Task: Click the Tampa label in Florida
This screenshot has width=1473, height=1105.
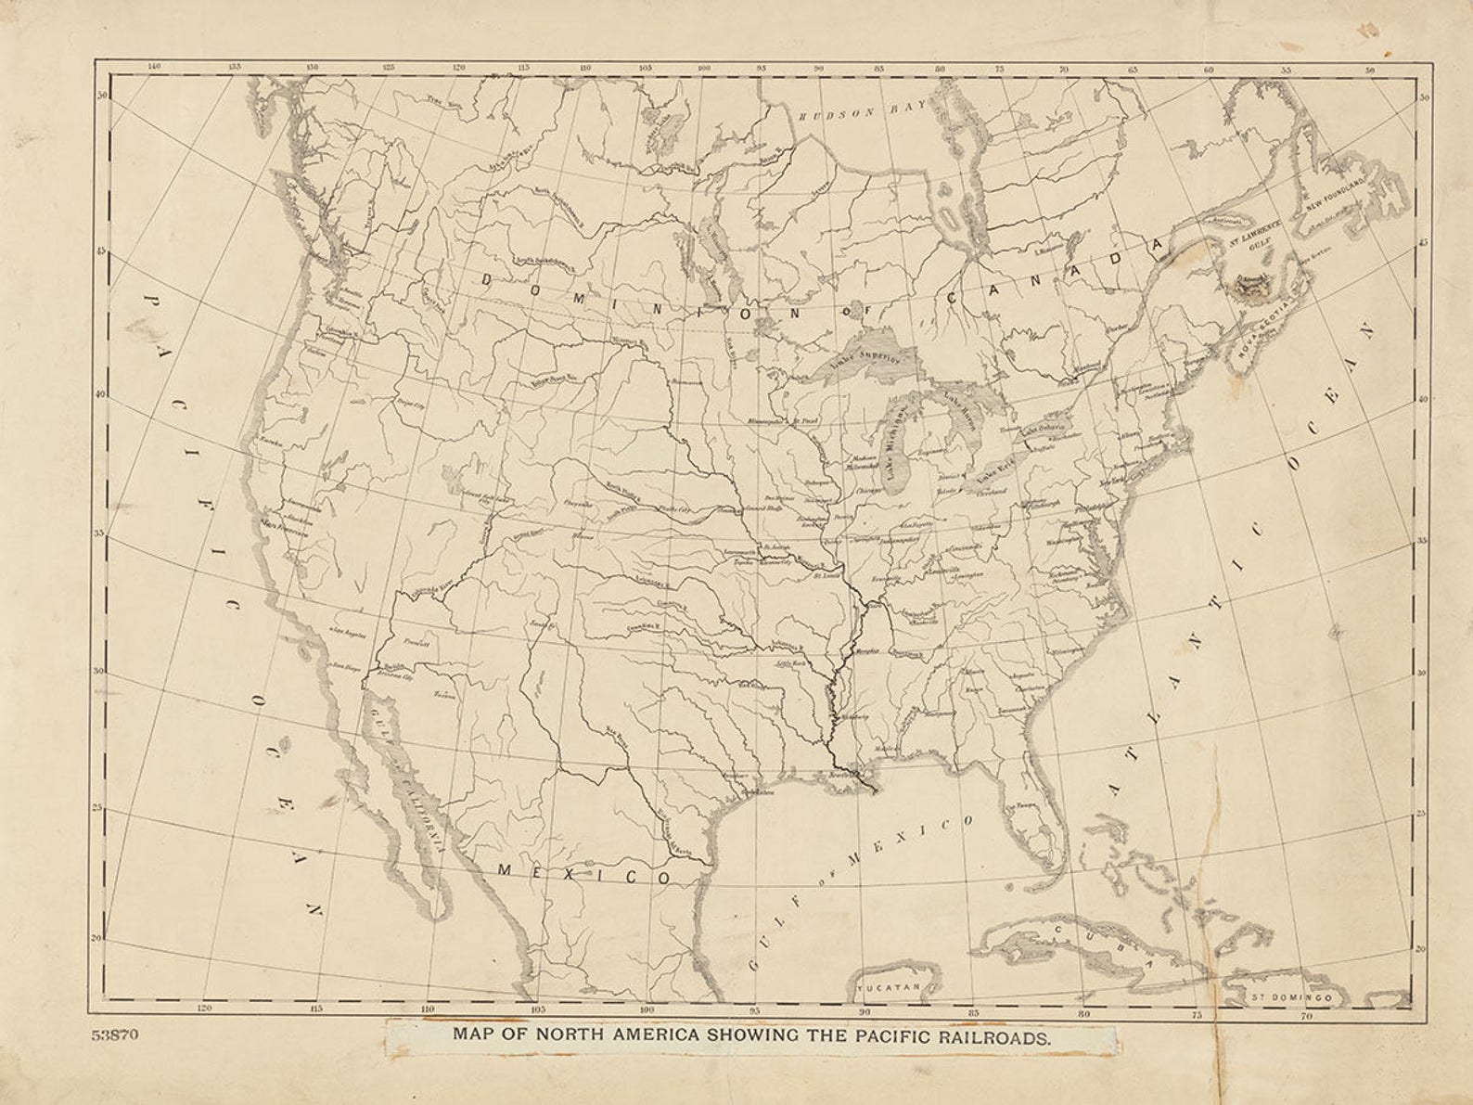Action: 1024,804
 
